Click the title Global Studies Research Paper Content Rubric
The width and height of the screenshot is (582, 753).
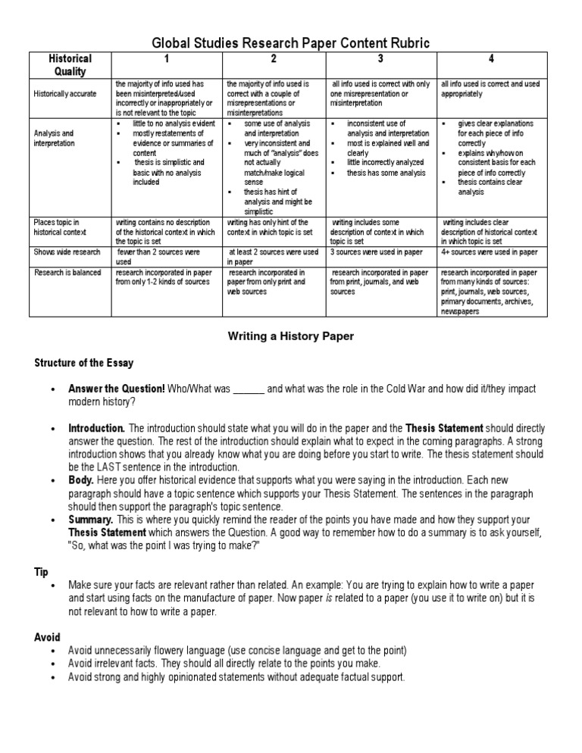(x=292, y=44)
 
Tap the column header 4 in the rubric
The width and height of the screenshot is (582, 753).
(x=490, y=59)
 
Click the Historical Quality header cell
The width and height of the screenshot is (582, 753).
(x=70, y=65)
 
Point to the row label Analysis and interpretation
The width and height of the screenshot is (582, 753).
(x=54, y=138)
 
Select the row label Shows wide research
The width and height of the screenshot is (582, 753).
(x=66, y=252)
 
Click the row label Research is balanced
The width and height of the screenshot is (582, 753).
(x=67, y=272)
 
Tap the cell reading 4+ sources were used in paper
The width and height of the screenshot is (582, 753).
(x=489, y=252)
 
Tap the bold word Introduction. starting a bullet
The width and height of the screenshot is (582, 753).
(x=97, y=428)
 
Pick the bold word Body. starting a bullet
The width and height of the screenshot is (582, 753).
(x=82, y=480)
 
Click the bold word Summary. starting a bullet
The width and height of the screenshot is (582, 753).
(x=91, y=520)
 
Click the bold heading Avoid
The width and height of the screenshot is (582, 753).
(x=47, y=637)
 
